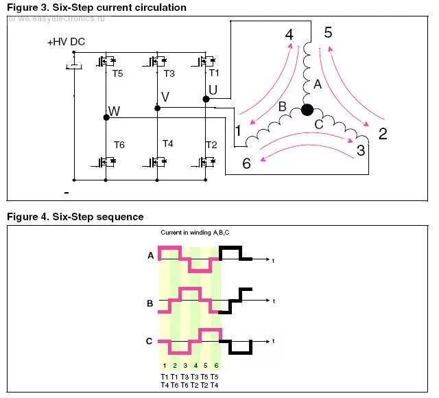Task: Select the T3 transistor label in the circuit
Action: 169,73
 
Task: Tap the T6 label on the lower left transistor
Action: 119,144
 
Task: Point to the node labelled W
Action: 114,110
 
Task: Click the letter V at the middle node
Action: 165,96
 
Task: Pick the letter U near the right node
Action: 213,90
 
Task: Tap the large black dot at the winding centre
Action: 307,109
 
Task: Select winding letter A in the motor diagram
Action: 317,85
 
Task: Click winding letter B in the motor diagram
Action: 282,107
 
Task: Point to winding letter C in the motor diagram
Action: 318,124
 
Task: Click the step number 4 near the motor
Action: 289,34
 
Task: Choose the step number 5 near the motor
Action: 328,32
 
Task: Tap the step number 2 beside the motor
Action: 383,134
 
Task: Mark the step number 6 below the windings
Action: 246,163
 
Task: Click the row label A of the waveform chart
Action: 150,255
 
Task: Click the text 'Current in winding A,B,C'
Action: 190,233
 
